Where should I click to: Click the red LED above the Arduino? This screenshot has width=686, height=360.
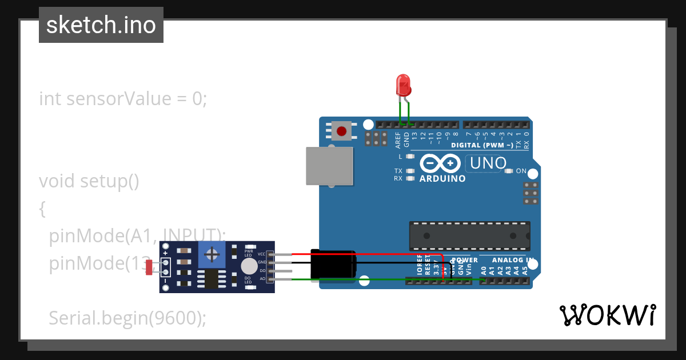[x=403, y=85]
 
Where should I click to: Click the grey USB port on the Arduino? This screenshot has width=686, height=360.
[x=329, y=166]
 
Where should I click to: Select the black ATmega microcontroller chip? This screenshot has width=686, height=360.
[x=469, y=236]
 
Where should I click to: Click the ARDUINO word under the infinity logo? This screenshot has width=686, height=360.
[x=442, y=178]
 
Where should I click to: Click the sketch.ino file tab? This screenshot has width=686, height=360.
[x=101, y=25]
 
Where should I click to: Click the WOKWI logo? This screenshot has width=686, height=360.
[x=607, y=315]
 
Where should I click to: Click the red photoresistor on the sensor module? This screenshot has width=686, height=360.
[x=149, y=267]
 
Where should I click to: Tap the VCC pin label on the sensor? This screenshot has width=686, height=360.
[x=261, y=254]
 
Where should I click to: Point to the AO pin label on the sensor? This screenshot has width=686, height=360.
[x=262, y=279]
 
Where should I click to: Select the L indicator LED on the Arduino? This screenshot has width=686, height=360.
[x=409, y=157]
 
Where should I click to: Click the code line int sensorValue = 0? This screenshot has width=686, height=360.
[x=122, y=99]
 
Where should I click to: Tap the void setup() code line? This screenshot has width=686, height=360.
[x=89, y=181]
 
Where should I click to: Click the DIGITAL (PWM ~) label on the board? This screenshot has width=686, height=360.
[x=481, y=145]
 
